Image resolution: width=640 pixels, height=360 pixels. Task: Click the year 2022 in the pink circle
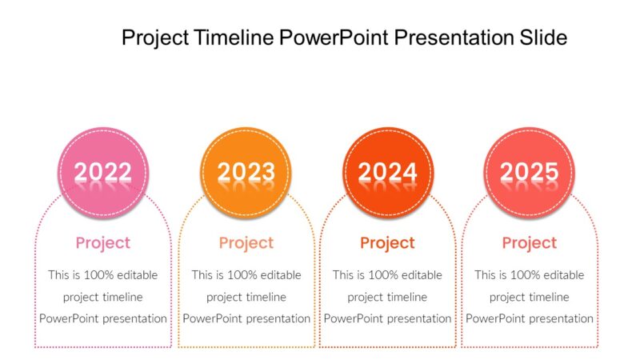point(103,171)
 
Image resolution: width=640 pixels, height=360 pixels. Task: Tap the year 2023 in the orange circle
point(246,171)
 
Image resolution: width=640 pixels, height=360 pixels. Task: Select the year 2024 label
point(388,171)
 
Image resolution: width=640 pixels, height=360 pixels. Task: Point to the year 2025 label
point(529,171)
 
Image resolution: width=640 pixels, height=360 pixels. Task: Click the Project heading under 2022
point(103,242)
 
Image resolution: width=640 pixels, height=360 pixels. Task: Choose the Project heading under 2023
point(246,242)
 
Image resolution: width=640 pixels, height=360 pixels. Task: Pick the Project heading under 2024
point(387,242)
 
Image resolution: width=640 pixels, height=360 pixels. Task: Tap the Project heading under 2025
point(529,242)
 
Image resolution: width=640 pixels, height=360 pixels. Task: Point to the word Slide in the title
point(545,38)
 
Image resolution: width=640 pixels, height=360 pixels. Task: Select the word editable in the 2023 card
point(279,275)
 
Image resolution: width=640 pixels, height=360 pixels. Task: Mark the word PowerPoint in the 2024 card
point(355,318)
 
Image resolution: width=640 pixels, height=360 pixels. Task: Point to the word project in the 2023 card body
point(225,297)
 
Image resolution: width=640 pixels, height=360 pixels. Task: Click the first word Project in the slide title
point(155,38)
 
